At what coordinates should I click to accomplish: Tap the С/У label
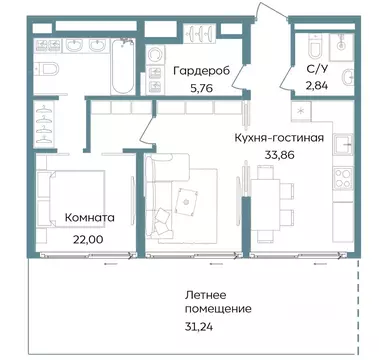point(315,71)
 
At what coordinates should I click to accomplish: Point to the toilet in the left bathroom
point(47,68)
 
